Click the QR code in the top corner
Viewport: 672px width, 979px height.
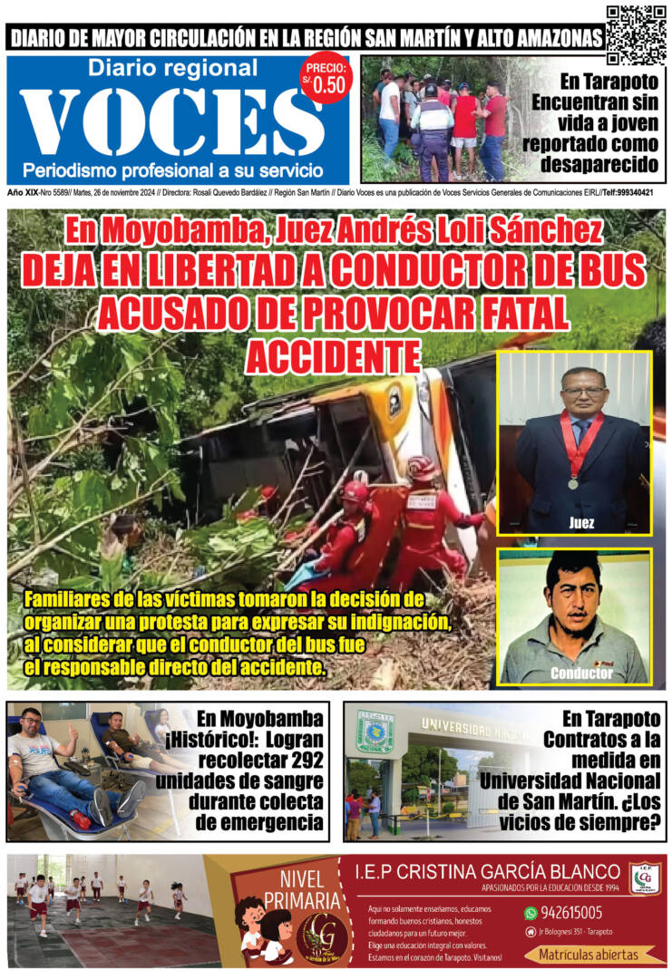pos(636,34)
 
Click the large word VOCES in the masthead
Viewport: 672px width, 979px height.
pos(172,122)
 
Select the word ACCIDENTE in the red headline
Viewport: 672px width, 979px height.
pos(336,355)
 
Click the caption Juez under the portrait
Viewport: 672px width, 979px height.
pos(581,523)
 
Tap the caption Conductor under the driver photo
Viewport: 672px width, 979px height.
pos(579,674)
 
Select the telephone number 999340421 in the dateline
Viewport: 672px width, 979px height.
pos(634,193)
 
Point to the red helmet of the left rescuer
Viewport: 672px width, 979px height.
pos(355,495)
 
